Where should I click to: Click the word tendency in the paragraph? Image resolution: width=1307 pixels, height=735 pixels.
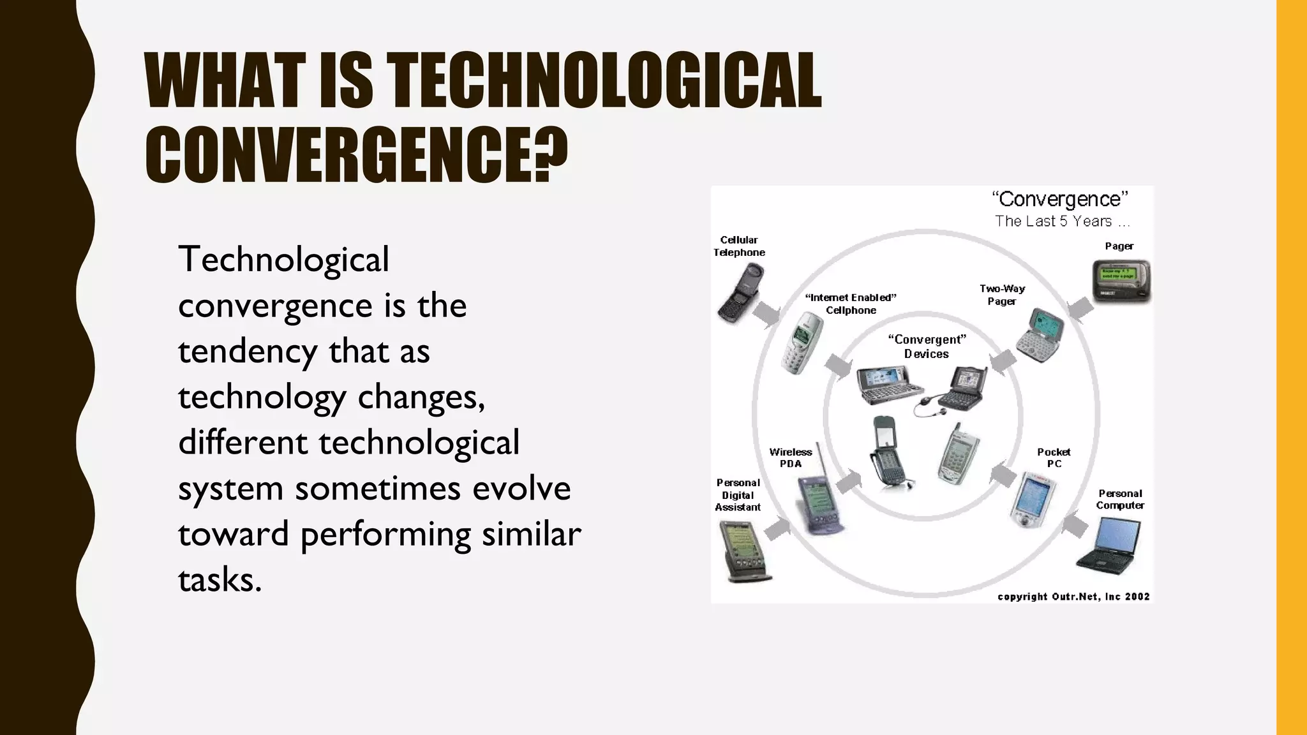point(247,352)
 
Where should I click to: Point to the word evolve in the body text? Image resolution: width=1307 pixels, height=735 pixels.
point(521,489)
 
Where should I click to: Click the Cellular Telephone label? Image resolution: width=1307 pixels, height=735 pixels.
point(739,246)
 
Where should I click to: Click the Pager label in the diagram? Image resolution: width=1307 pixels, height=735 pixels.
point(1119,246)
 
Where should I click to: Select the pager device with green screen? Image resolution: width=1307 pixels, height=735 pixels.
point(1121,281)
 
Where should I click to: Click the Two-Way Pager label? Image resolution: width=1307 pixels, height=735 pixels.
point(1002,295)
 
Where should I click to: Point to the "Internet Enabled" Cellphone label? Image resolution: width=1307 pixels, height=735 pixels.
point(851,304)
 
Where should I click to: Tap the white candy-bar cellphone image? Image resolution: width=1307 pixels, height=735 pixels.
point(802,343)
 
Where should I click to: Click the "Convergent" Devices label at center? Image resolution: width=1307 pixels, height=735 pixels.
point(927,346)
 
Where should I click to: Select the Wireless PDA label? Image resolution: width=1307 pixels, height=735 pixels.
point(790,457)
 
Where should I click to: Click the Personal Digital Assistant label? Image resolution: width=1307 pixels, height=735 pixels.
point(738,494)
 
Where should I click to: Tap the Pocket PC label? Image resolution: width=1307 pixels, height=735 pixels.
point(1054,457)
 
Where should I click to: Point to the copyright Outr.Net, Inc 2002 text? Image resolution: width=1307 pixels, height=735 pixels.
point(1073,597)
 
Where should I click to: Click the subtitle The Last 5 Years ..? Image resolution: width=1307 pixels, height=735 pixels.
point(1061,221)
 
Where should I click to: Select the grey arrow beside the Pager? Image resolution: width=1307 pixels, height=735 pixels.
point(1080,309)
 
